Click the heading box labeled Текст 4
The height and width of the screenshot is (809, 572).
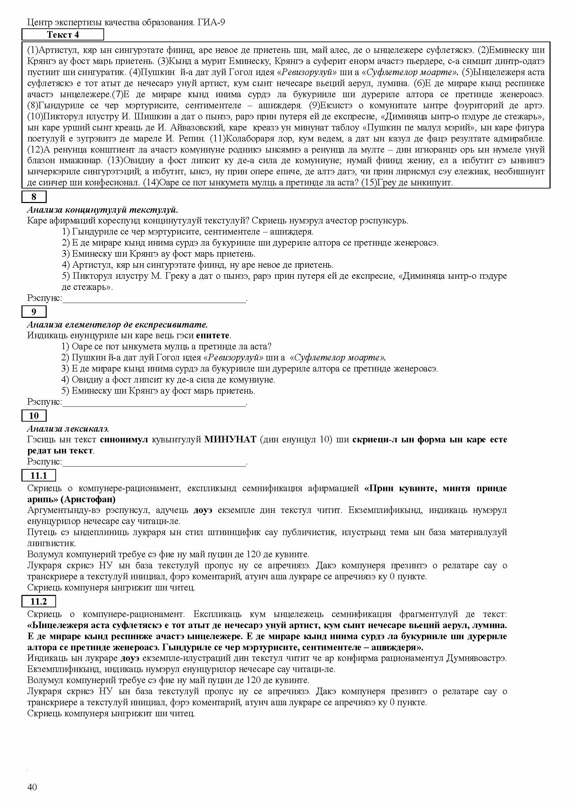63,35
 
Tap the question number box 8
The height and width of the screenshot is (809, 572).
34,196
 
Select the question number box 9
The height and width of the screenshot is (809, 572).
34,312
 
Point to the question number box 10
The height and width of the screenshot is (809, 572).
34,416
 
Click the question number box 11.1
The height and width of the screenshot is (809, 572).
39,476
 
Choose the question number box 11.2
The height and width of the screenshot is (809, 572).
39,601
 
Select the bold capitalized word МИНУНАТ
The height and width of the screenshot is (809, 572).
231,440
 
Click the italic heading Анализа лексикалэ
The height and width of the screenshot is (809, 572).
68,429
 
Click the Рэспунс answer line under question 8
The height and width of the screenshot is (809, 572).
154,299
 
